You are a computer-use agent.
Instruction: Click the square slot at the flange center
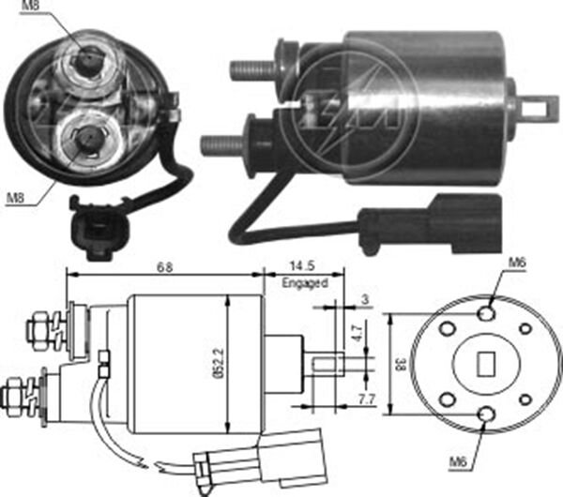487,361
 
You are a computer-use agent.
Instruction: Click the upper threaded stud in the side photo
252,69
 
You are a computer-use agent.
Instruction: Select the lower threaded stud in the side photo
222,145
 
